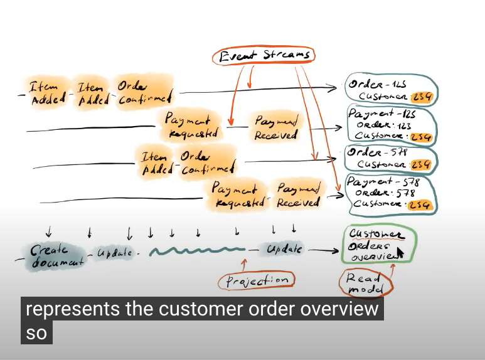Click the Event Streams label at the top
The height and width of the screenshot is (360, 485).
coord(264,55)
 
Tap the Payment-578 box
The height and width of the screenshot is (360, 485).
coord(391,193)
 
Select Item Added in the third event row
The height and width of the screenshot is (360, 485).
coord(155,162)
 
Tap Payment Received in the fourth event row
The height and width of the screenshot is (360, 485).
coord(299,196)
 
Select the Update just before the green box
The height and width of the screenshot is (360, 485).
coord(284,250)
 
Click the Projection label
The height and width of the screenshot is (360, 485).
coord(256,280)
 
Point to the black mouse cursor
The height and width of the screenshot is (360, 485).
coord(400,253)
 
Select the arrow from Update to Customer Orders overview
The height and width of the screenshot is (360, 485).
coord(323,251)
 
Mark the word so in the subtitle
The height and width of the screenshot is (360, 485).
coord(36,333)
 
